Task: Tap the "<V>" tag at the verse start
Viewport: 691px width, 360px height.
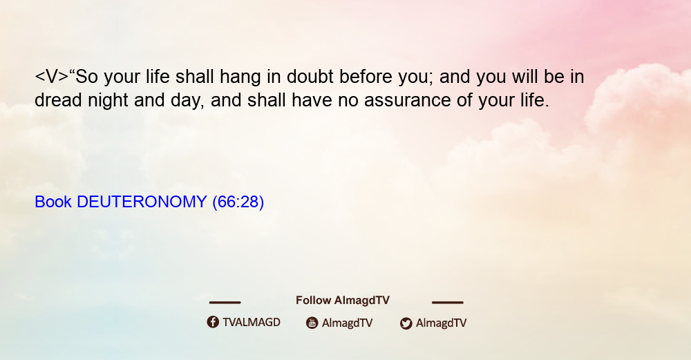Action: click(52, 77)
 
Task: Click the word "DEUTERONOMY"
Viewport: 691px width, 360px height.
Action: click(142, 202)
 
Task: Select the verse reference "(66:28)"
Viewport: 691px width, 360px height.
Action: click(238, 202)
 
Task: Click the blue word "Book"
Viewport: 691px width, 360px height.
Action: click(53, 202)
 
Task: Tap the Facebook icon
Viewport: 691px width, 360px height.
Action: click(213, 322)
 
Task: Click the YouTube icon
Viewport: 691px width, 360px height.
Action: click(312, 323)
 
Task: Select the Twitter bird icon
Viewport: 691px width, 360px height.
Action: click(406, 323)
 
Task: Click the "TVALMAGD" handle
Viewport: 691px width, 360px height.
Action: click(252, 323)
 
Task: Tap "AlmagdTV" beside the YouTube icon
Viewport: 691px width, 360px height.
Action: click(348, 323)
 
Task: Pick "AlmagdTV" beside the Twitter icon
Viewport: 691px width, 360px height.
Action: click(441, 323)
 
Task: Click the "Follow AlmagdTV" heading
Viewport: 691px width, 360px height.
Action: click(343, 301)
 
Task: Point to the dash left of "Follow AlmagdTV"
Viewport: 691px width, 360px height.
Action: click(225, 303)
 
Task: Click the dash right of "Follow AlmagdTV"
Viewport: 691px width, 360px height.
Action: click(448, 303)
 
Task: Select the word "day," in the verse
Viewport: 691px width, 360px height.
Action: click(187, 101)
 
